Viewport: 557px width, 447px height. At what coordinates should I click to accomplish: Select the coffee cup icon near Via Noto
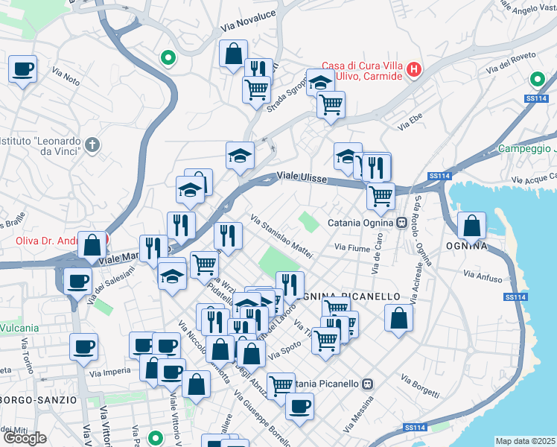[x=22, y=69]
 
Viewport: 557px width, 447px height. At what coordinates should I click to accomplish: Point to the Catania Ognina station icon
[x=401, y=222]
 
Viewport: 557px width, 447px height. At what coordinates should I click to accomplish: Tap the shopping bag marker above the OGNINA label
[x=472, y=224]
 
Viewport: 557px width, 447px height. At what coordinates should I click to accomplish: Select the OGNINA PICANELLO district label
[x=351, y=297]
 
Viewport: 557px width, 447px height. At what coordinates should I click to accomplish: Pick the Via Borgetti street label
[x=421, y=384]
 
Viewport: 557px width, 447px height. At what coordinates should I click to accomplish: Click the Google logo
[x=24, y=438]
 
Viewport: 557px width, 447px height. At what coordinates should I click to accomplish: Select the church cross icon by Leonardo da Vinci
[x=92, y=144]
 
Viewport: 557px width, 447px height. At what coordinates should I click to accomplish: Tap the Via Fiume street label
[x=352, y=247]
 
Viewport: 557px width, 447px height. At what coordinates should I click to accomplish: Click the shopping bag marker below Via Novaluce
[x=233, y=54]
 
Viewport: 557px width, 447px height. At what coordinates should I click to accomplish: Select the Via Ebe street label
[x=410, y=121]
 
